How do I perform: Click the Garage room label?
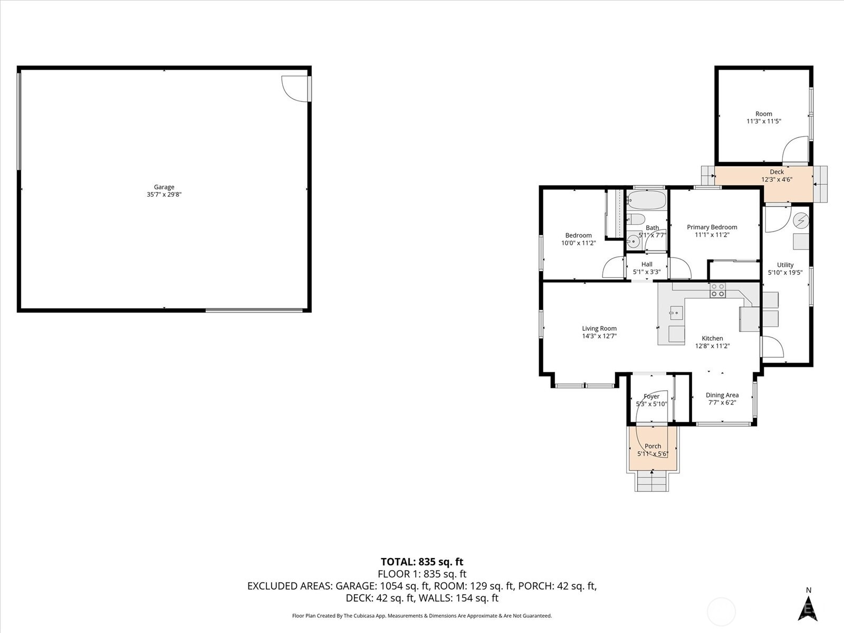click(164, 190)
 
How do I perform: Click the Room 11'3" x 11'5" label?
click(763, 117)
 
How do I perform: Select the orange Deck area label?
click(776, 175)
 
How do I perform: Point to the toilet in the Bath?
click(636, 219)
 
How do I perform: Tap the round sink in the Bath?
click(634, 242)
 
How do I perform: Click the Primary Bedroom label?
click(712, 231)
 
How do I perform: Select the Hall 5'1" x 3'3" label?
click(647, 268)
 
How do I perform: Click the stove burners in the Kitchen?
click(717, 290)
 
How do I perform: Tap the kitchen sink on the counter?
click(676, 313)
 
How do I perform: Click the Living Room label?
click(599, 332)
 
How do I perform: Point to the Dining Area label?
click(722, 398)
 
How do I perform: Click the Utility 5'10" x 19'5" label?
click(785, 268)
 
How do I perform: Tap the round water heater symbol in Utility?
click(801, 219)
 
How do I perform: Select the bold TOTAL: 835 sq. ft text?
click(421, 562)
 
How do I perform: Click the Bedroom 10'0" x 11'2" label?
click(578, 239)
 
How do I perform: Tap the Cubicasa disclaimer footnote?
click(421, 616)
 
